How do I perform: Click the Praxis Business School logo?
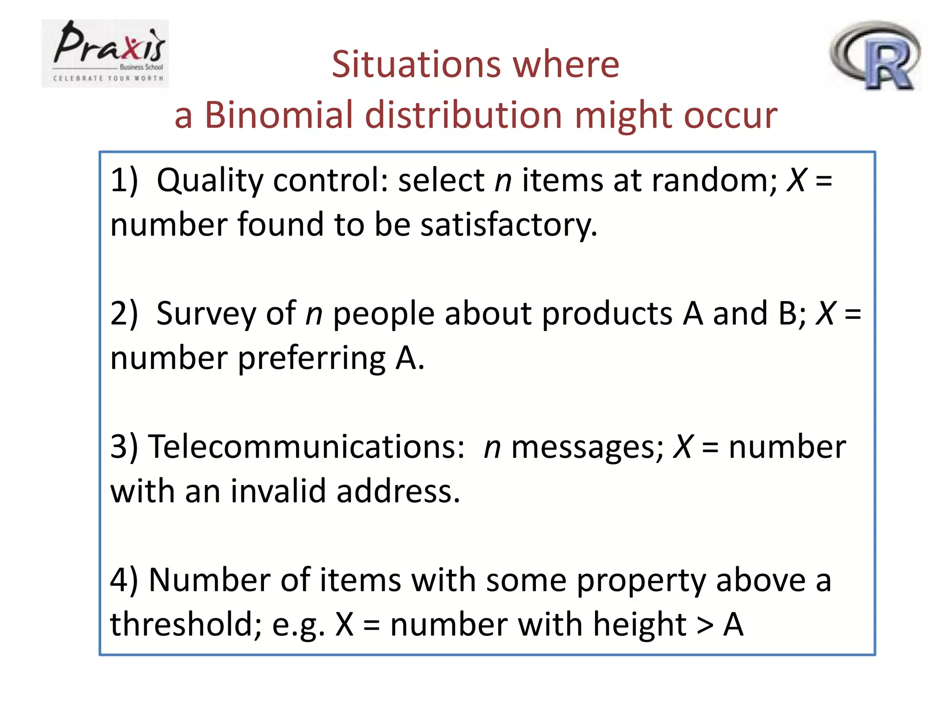(x=105, y=53)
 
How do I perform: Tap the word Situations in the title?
(x=416, y=64)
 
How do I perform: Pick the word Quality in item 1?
(x=210, y=180)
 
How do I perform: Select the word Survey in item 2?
(x=205, y=313)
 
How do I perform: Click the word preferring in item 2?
(x=311, y=359)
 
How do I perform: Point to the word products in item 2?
(x=607, y=313)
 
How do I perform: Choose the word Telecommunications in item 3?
(x=306, y=447)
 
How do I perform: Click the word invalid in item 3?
(x=278, y=491)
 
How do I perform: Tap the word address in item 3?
(x=398, y=491)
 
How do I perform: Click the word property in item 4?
(x=641, y=581)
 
